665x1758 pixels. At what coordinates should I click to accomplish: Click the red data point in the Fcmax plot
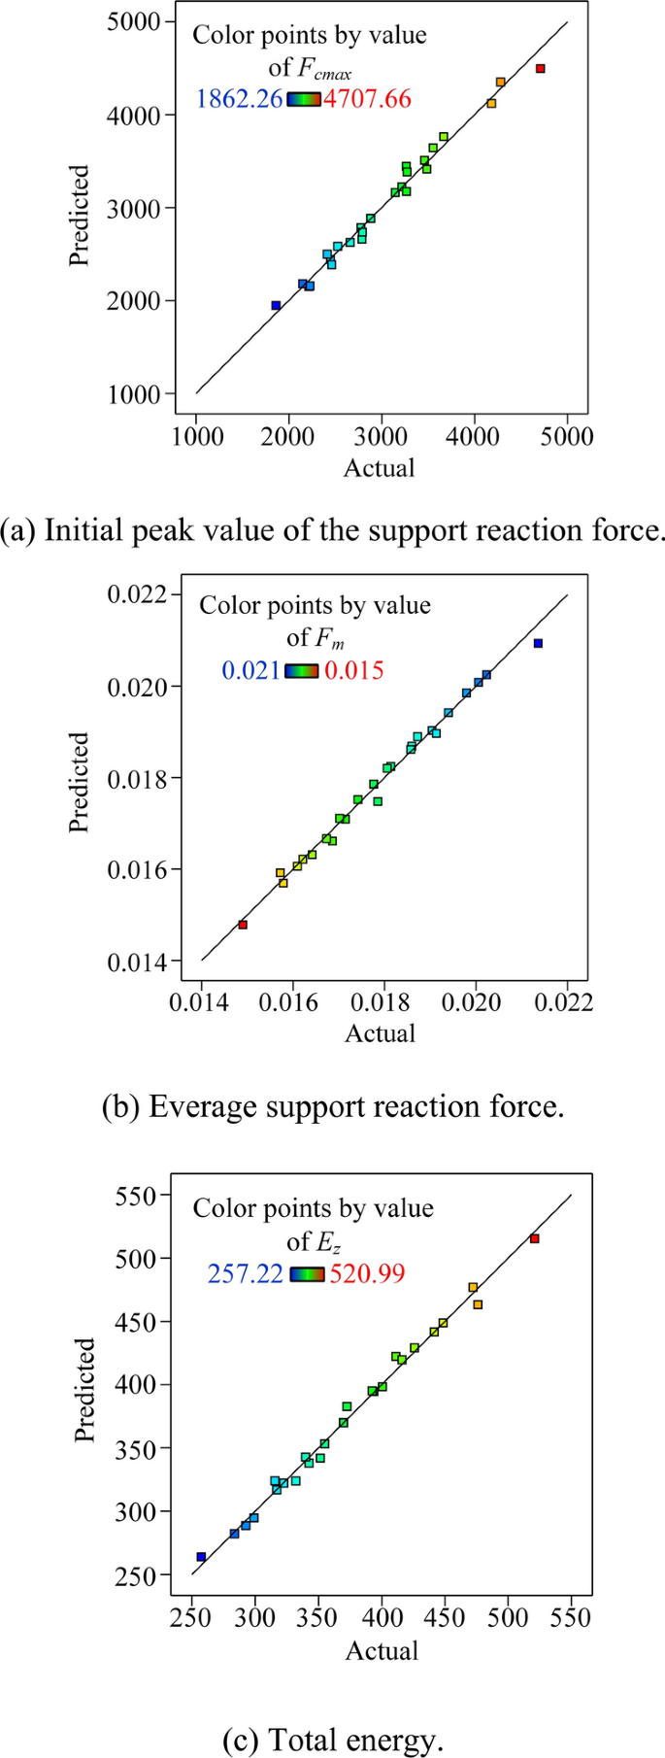tap(541, 68)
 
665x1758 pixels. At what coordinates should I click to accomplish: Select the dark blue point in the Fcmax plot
tap(276, 305)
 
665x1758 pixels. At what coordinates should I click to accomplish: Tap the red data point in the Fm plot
tap(243, 925)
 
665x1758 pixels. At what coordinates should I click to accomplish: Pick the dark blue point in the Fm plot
tap(538, 643)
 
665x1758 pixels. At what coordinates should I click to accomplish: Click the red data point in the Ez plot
tap(534, 1238)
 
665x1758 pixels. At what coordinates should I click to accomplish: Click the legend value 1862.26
tap(239, 98)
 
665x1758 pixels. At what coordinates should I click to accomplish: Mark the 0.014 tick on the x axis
tap(201, 1001)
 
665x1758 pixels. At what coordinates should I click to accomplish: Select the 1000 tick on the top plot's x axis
tap(196, 435)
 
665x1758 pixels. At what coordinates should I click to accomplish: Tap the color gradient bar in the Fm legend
tap(302, 670)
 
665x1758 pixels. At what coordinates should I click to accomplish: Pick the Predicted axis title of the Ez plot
tap(85, 1389)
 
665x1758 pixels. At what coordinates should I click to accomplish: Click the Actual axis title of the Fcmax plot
tap(380, 468)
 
